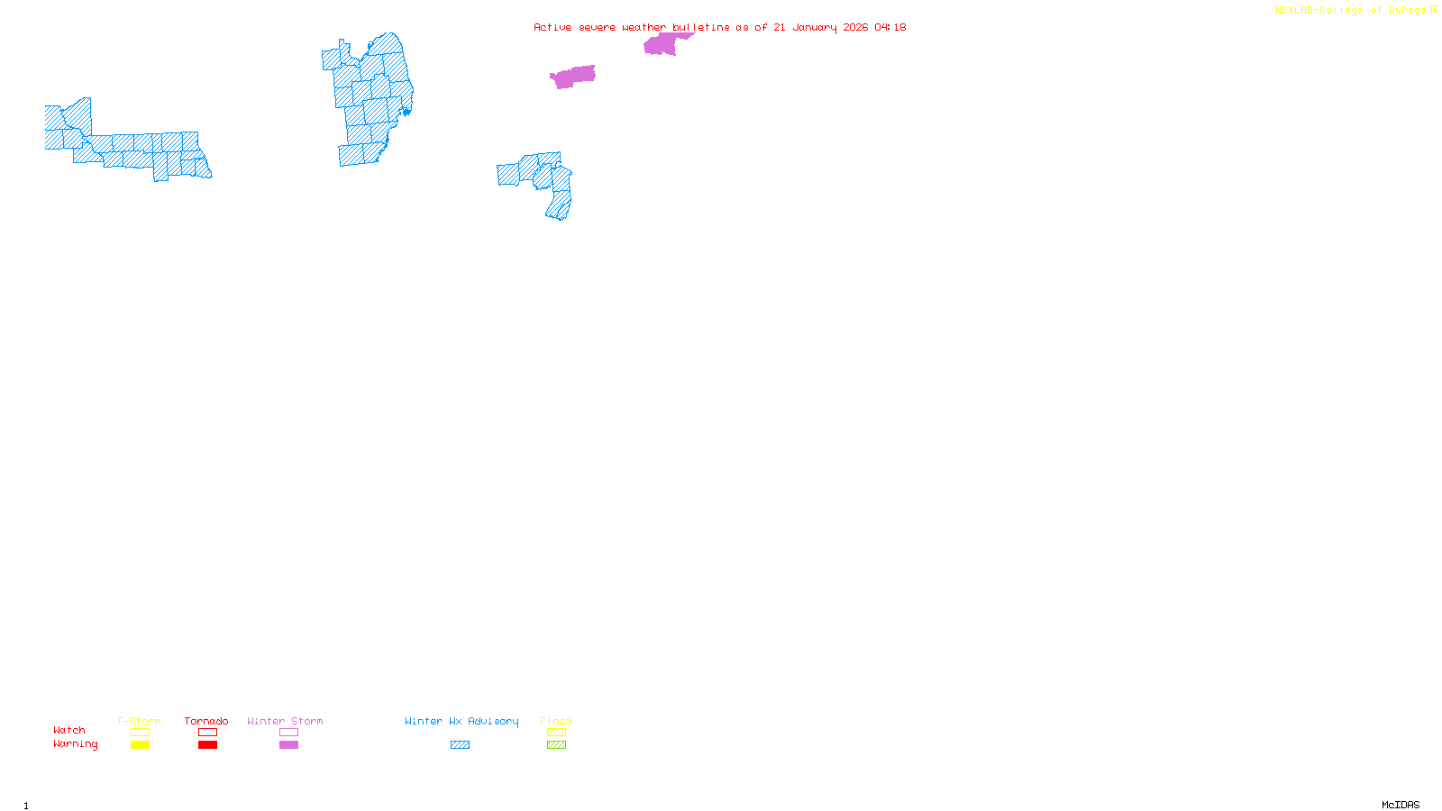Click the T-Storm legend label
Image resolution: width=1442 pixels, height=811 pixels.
pos(139,721)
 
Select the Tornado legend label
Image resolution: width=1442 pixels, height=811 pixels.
pos(206,721)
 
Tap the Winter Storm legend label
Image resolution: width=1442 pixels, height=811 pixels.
pos(285,721)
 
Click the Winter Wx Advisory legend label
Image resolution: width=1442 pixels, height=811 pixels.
pos(461,721)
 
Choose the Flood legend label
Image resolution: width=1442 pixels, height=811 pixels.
pos(556,721)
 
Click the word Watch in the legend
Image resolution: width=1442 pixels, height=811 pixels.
pos(69,730)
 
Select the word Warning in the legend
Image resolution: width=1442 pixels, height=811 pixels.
pos(75,744)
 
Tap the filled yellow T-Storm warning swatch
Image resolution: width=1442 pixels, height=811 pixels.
pos(140,745)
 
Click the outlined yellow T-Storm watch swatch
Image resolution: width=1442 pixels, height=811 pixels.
pos(140,733)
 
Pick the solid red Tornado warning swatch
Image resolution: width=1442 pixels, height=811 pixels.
pos(207,745)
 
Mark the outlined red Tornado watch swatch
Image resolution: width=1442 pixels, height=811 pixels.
pos(207,733)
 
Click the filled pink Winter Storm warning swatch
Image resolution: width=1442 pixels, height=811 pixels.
pos(288,745)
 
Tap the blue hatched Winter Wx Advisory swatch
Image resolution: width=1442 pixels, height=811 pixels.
pos(460,745)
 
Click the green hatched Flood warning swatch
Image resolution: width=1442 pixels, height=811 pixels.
pos(556,745)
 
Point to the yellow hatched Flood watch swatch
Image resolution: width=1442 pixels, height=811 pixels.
pos(556,733)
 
